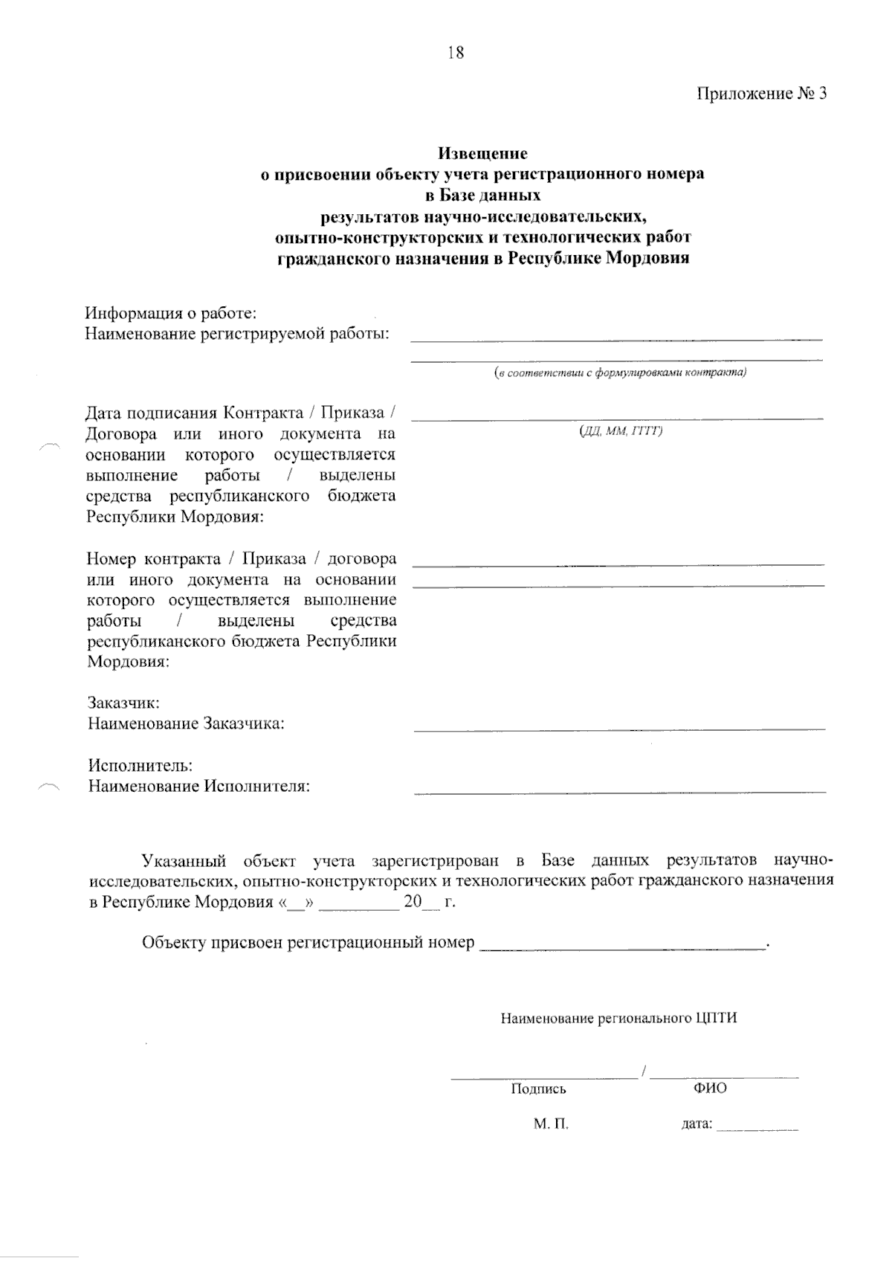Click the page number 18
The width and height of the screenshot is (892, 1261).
pos(456,53)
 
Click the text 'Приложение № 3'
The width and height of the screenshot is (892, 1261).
pos(761,94)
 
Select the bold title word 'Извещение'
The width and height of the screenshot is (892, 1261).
pos(482,154)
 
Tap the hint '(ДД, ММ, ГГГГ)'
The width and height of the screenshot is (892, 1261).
pos(621,430)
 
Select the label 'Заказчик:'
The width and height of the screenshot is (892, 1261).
pos(123,703)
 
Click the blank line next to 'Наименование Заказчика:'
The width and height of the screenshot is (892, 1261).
pos(619,729)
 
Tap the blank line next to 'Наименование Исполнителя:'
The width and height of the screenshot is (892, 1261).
pos(619,792)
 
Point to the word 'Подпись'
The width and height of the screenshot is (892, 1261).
pos(538,1089)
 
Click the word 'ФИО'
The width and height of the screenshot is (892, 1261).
pos(710,1089)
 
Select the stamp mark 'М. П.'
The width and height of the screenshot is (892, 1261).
pos(551,1124)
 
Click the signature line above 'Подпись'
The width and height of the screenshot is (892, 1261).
pos(543,1077)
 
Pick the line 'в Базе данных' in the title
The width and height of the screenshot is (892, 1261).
pos(482,196)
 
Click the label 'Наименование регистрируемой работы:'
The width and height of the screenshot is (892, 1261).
pos(238,334)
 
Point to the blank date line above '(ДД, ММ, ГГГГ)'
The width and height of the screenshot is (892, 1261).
pos(617,420)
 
